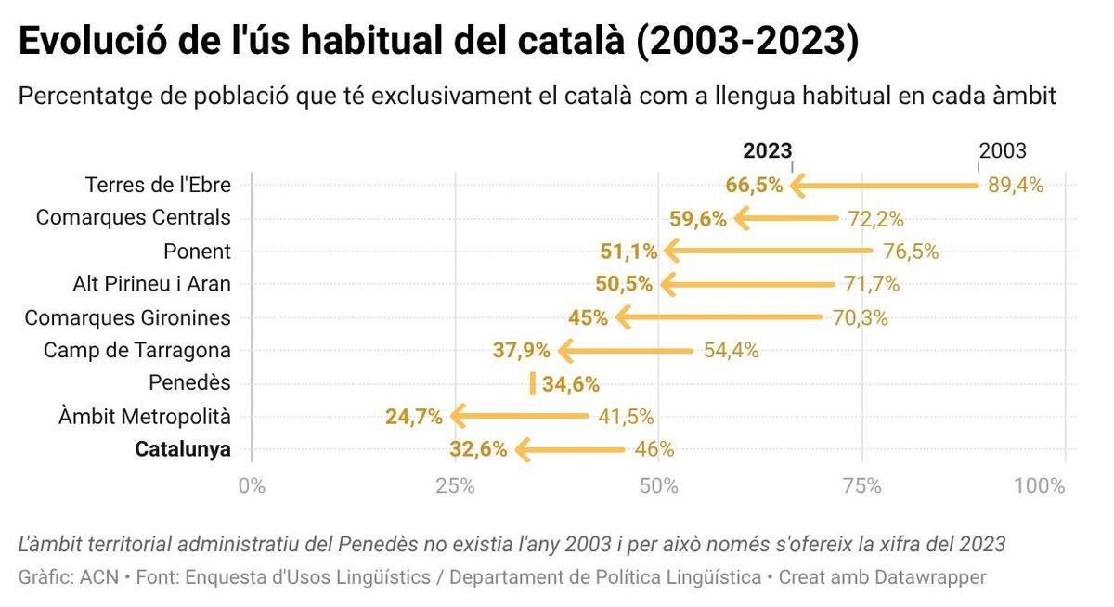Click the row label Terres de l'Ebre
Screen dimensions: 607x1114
pyautogui.click(x=158, y=185)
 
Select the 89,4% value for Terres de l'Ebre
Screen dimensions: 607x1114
pyautogui.click(x=1016, y=185)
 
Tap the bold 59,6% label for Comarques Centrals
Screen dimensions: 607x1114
pyautogui.click(x=697, y=219)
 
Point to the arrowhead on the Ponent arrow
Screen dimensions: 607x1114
pyautogui.click(x=671, y=251)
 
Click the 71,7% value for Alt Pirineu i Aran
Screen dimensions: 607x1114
pyautogui.click(x=871, y=284)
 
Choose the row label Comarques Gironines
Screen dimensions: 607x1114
pyautogui.click(x=127, y=317)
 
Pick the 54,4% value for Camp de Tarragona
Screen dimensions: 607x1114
pyautogui.click(x=731, y=351)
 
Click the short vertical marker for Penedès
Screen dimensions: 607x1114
pyautogui.click(x=532, y=383)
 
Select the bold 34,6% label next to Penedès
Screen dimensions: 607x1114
pyautogui.click(x=570, y=384)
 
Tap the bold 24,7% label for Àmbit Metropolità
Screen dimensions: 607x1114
pyautogui.click(x=413, y=417)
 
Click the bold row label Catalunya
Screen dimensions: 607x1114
pyautogui.click(x=182, y=450)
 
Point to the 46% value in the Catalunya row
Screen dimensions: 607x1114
pyautogui.click(x=654, y=450)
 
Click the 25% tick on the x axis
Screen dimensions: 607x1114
pyautogui.click(x=455, y=485)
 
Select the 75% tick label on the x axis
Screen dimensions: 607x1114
pyautogui.click(x=861, y=485)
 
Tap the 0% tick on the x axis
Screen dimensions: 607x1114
pyautogui.click(x=252, y=485)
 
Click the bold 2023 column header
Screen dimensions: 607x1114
pyautogui.click(x=767, y=151)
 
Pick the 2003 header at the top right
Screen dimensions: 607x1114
pyautogui.click(x=1003, y=151)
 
